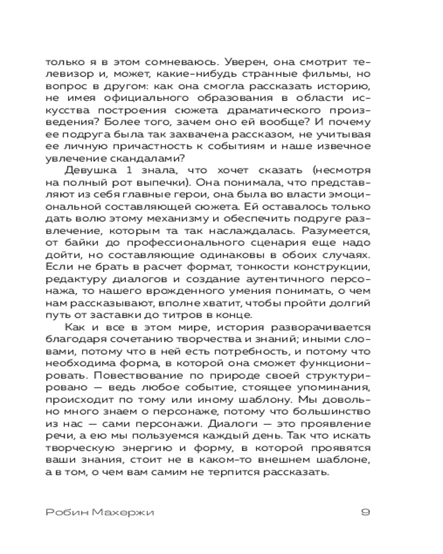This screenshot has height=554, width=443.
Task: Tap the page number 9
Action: [365, 512]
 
